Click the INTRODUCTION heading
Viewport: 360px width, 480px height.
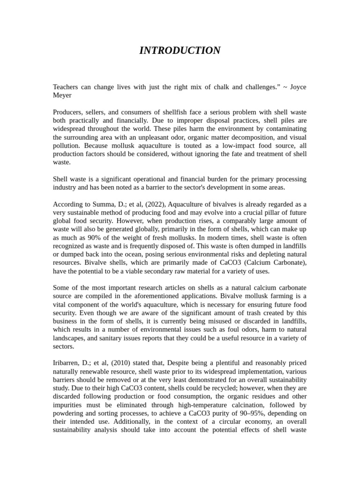coord(180,51)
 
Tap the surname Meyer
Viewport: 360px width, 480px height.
coord(62,95)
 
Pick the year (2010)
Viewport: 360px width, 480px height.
coord(118,363)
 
